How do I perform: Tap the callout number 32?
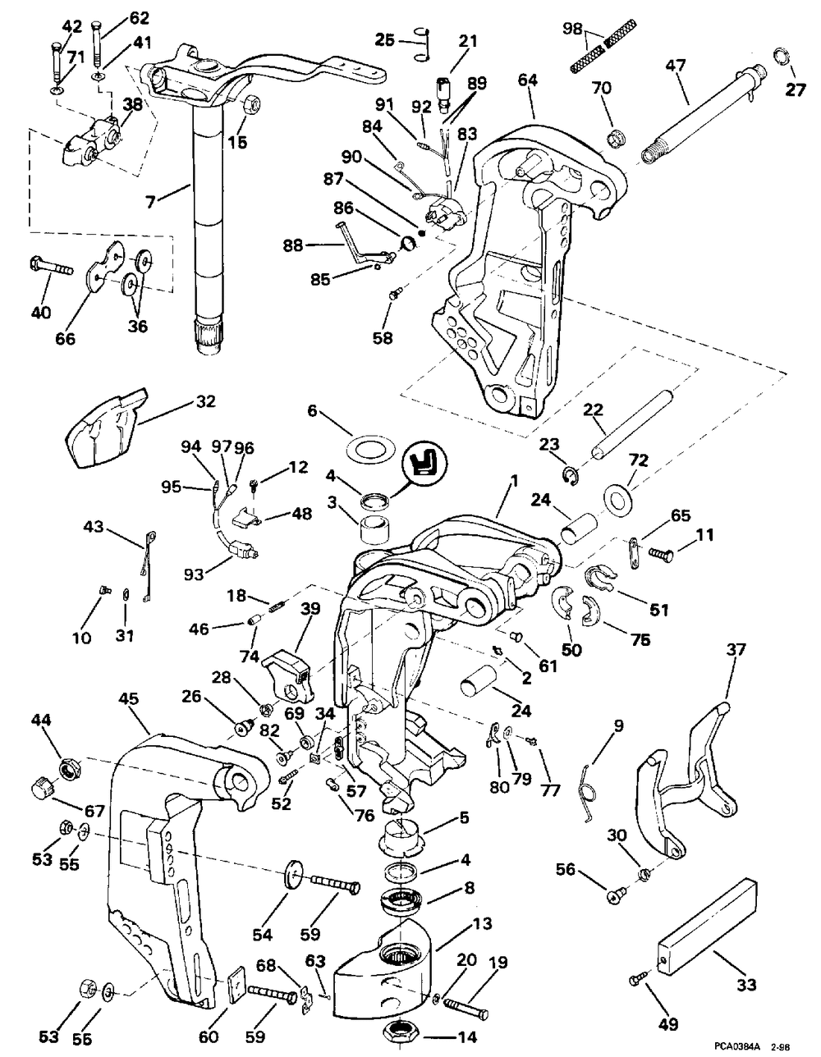(x=205, y=402)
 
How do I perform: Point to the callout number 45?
(x=128, y=699)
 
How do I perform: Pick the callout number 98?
(x=573, y=30)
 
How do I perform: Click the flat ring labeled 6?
(x=365, y=447)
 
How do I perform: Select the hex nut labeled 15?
(x=251, y=104)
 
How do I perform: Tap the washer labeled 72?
(x=620, y=498)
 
